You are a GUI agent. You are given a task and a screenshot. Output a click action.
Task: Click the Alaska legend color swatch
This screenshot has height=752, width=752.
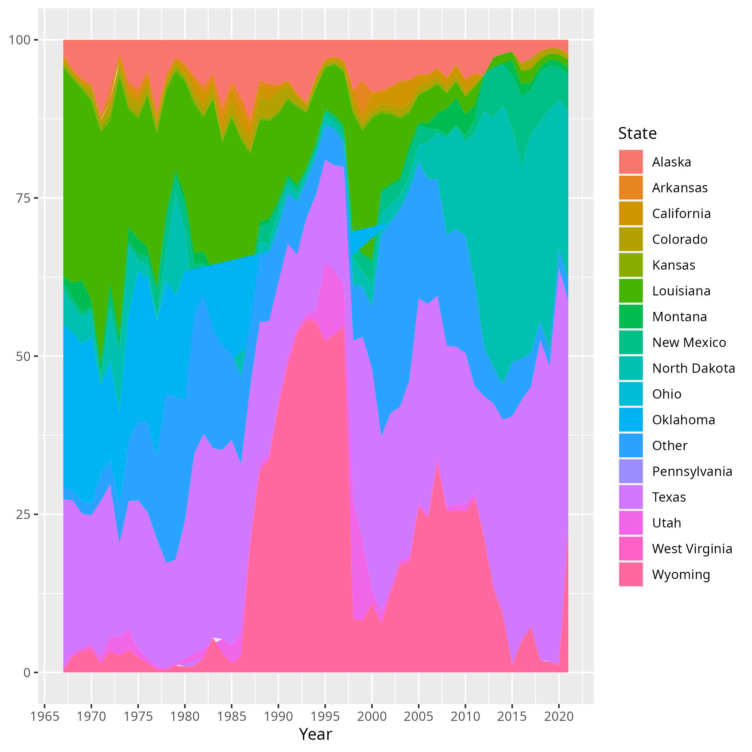tap(631, 162)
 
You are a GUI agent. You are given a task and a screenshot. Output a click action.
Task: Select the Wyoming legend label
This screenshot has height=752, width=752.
tap(681, 574)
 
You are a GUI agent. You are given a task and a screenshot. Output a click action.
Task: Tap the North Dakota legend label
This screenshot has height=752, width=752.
tap(693, 368)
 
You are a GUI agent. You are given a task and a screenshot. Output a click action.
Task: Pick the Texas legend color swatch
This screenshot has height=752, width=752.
tap(631, 497)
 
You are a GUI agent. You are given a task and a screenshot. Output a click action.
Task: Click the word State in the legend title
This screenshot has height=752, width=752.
tap(637, 134)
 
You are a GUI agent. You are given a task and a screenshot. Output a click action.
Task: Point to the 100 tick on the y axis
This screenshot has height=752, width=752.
tap(19, 40)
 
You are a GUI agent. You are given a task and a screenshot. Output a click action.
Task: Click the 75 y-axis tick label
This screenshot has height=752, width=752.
tap(23, 198)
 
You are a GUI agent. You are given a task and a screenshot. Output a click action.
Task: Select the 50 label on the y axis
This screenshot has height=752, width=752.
tap(23, 356)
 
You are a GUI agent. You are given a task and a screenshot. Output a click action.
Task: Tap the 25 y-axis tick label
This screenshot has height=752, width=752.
tap(23, 515)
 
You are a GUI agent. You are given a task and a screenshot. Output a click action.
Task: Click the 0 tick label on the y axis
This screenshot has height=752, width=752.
tap(27, 673)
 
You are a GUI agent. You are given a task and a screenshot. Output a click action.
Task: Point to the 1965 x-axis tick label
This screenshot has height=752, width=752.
tap(45, 717)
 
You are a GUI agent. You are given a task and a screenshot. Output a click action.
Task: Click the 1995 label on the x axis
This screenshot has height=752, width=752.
tap(325, 717)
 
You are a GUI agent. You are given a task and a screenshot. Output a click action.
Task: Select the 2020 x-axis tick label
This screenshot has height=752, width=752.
tap(559, 717)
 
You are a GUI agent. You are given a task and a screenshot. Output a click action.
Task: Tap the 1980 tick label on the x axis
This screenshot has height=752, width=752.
tap(185, 717)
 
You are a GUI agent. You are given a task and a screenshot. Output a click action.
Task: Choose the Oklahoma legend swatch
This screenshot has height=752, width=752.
tap(631, 420)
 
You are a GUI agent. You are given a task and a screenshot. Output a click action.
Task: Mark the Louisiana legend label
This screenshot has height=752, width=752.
tap(681, 291)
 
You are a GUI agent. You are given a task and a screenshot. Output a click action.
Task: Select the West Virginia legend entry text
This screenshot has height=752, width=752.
tap(692, 549)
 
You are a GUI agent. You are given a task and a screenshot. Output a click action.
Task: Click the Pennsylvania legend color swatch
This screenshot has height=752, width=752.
tap(631, 471)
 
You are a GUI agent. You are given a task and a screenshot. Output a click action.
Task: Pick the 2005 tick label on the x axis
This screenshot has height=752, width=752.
tap(418, 717)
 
